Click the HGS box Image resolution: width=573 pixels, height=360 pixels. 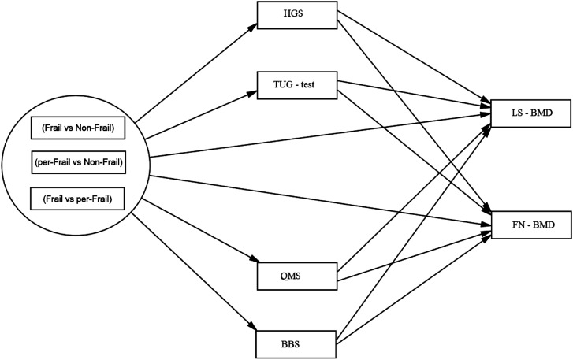[x=296, y=15]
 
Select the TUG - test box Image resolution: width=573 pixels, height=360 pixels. [x=296, y=85]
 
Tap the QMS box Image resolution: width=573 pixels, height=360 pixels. [x=296, y=276]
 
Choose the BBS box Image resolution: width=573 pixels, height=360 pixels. [x=296, y=344]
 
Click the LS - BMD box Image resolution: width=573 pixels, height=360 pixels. [x=531, y=113]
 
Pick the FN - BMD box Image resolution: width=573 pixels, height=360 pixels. [x=531, y=225]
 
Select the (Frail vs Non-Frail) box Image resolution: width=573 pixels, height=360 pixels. [x=78, y=128]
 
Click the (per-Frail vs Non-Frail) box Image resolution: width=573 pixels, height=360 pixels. [x=79, y=162]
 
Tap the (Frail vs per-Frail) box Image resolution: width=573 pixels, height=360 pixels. [x=77, y=199]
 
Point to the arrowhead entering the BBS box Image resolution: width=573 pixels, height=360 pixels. [x=252, y=326]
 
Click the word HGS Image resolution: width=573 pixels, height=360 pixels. [x=293, y=14]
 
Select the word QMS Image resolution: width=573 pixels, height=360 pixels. [x=291, y=276]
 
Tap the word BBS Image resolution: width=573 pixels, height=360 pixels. [x=291, y=344]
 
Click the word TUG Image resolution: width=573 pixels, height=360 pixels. [x=282, y=85]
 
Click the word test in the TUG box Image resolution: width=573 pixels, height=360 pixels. [x=307, y=85]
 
